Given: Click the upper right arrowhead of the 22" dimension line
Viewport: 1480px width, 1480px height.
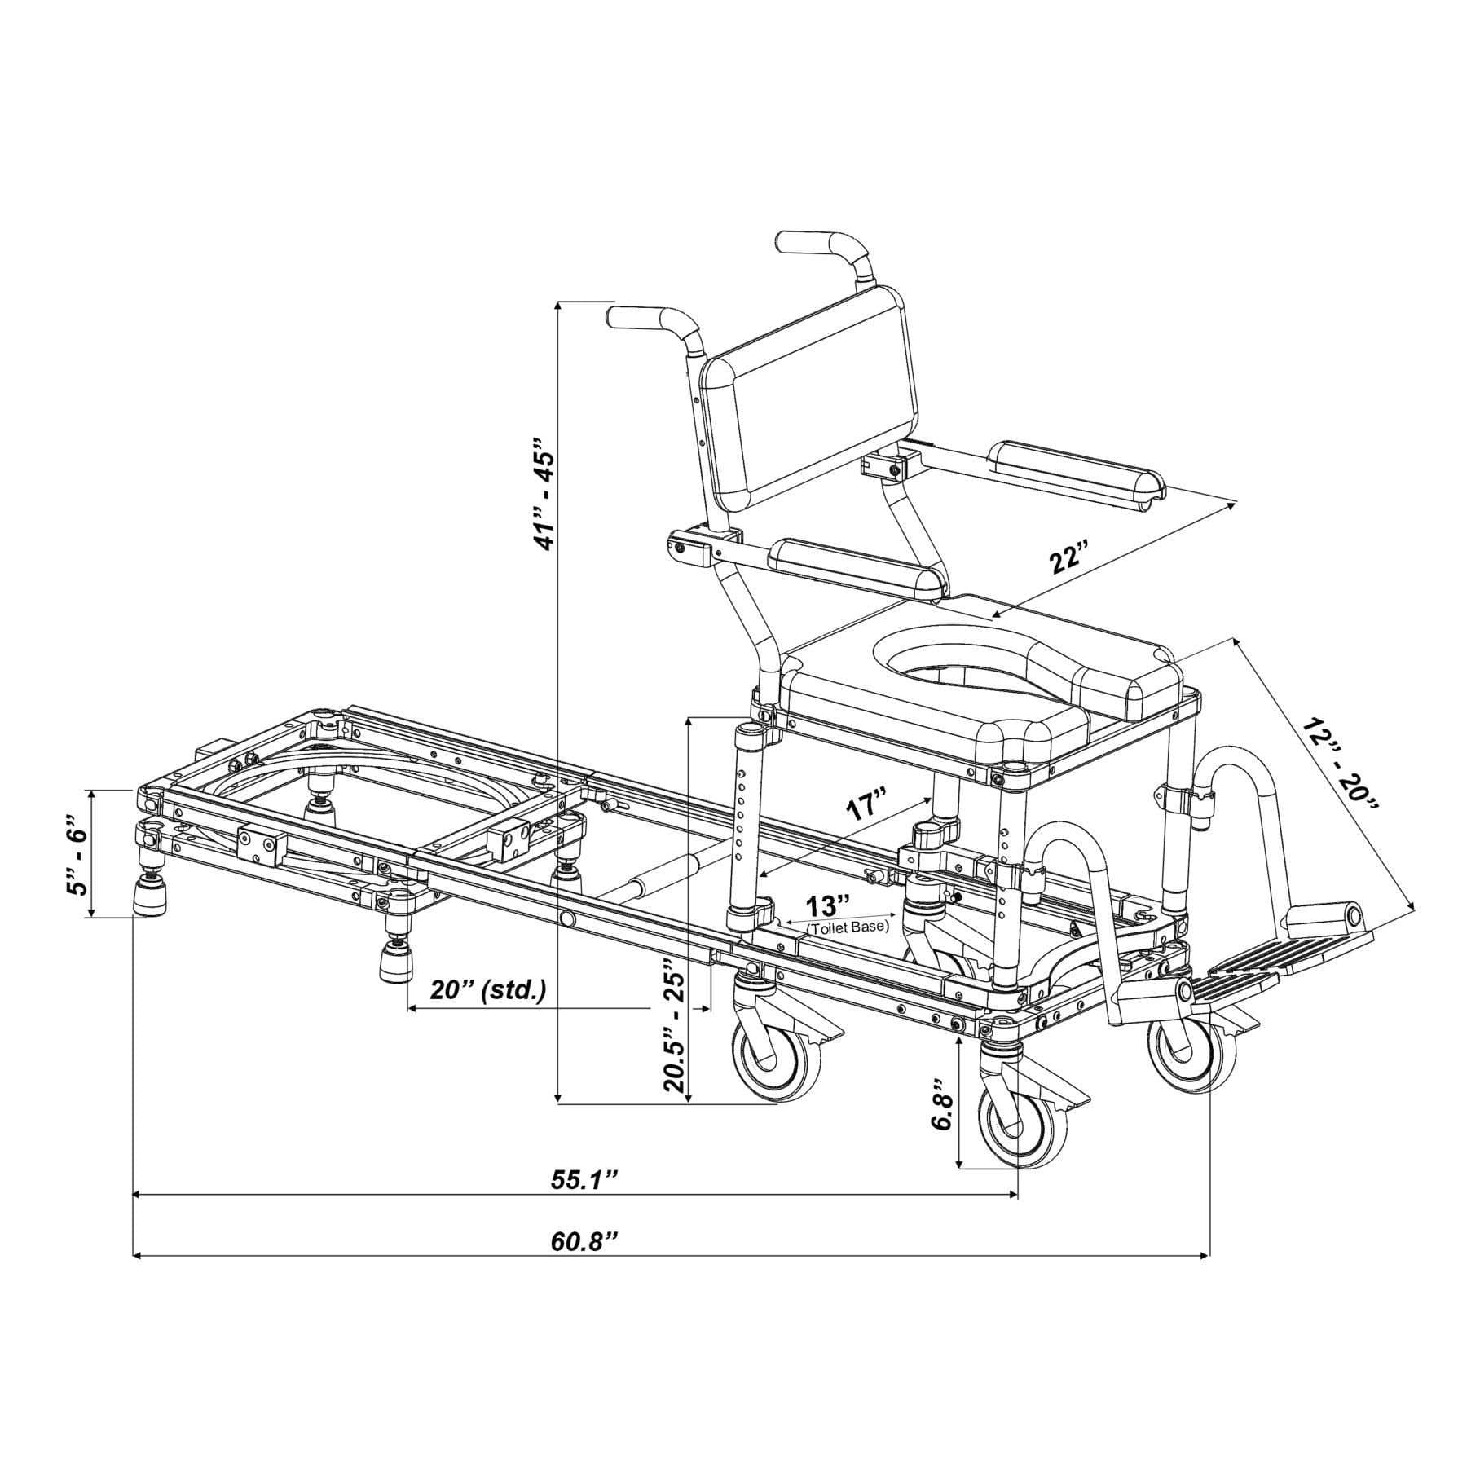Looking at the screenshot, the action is pyautogui.click(x=1230, y=506).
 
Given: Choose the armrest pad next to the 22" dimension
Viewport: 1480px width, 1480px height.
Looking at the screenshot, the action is pyautogui.click(x=1077, y=474).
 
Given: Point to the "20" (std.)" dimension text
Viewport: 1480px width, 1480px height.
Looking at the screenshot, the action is pyautogui.click(x=488, y=990).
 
